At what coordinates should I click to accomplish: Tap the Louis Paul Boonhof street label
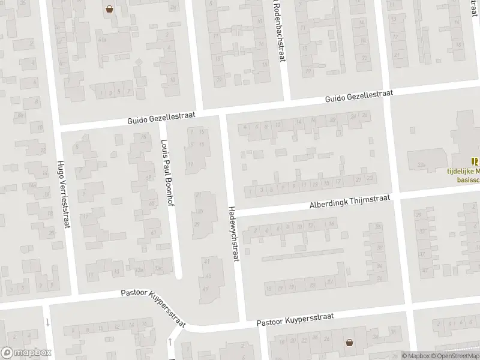coord(166,173)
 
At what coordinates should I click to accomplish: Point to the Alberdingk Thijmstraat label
coord(350,202)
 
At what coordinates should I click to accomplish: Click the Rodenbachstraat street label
coord(278,30)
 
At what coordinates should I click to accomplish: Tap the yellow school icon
coord(475,161)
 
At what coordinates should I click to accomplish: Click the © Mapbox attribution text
coord(416,356)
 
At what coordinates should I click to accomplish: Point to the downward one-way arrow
coord(47,322)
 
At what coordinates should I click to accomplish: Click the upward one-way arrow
coord(170,342)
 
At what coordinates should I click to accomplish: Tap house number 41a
coord(103,40)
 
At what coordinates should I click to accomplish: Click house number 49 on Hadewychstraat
coord(206,289)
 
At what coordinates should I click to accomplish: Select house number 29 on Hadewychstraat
coord(196,224)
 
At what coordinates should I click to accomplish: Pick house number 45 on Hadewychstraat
coord(208,275)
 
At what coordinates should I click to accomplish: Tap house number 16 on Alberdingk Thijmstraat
coord(331,224)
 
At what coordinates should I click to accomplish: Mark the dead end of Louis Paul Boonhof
coord(179,277)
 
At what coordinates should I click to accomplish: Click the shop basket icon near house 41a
coord(110,8)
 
